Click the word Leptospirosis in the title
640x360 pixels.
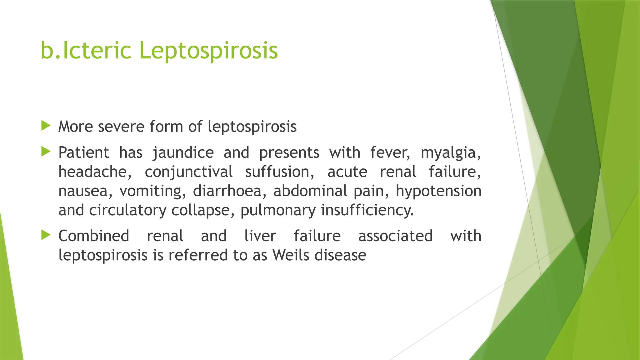208,51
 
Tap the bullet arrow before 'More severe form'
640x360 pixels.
46,126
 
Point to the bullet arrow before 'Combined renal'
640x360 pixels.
46,235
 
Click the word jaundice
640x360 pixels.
183,153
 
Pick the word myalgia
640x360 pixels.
450,153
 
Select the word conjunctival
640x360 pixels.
188,172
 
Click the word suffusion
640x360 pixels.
279,172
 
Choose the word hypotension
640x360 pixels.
438,191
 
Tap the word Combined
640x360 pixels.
94,236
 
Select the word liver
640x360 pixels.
260,236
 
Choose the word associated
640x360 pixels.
395,236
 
